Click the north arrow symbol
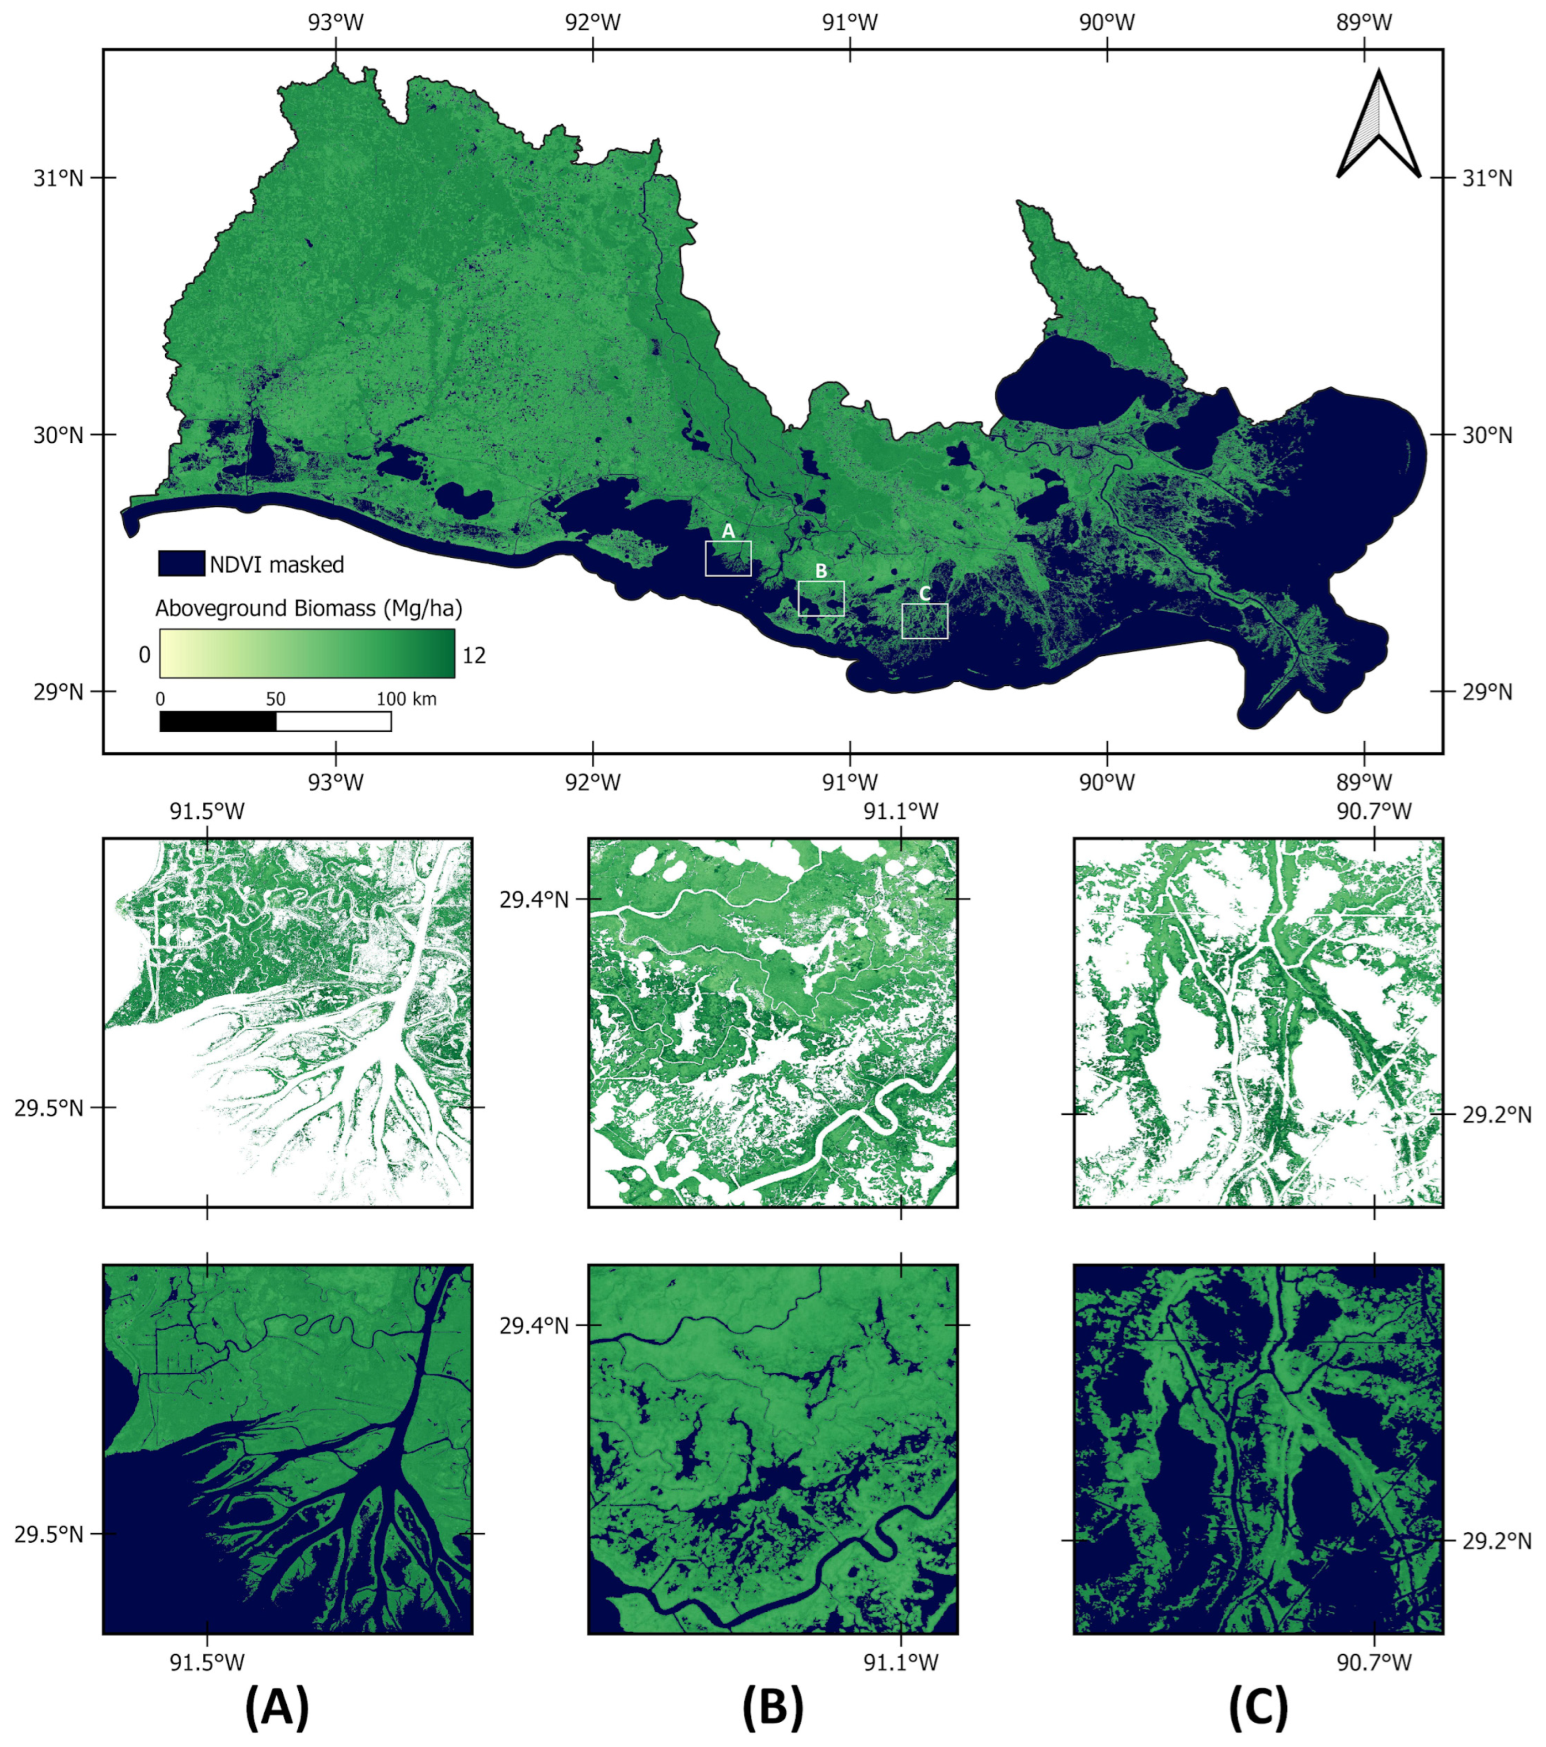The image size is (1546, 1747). tap(1377, 126)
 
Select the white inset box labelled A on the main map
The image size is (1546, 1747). tap(728, 558)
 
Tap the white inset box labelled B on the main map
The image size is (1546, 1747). tap(821, 599)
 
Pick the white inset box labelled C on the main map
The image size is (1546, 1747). tap(924, 621)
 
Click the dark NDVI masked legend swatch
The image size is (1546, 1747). tap(181, 563)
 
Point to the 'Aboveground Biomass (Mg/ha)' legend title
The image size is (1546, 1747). tap(309, 608)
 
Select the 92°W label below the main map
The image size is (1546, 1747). tap(592, 781)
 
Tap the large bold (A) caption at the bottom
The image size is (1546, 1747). tap(277, 1707)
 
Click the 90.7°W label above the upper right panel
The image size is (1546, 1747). tap(1374, 810)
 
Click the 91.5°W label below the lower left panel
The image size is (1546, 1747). tap(207, 1661)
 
